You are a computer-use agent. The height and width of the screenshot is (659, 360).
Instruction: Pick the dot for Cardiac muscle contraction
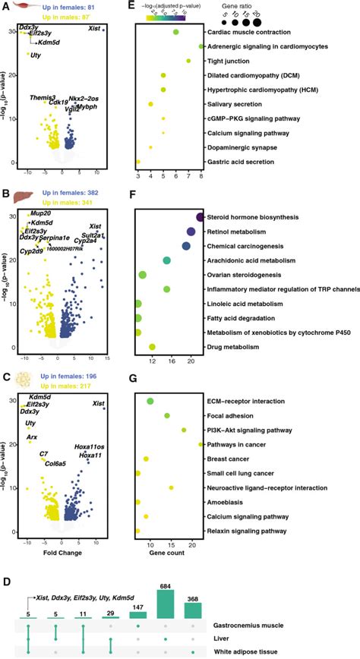(175, 32)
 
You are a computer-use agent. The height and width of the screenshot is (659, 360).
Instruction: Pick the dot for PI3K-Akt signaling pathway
(184, 430)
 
